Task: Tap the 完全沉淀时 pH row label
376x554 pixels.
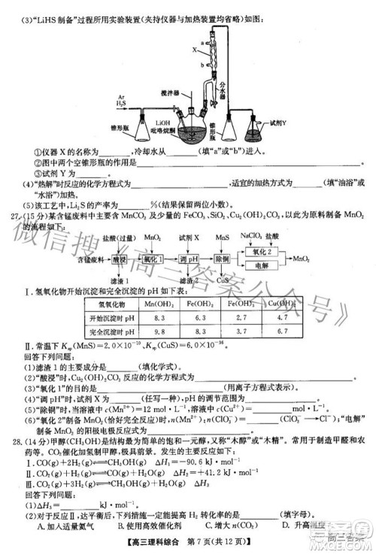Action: (x=120, y=331)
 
